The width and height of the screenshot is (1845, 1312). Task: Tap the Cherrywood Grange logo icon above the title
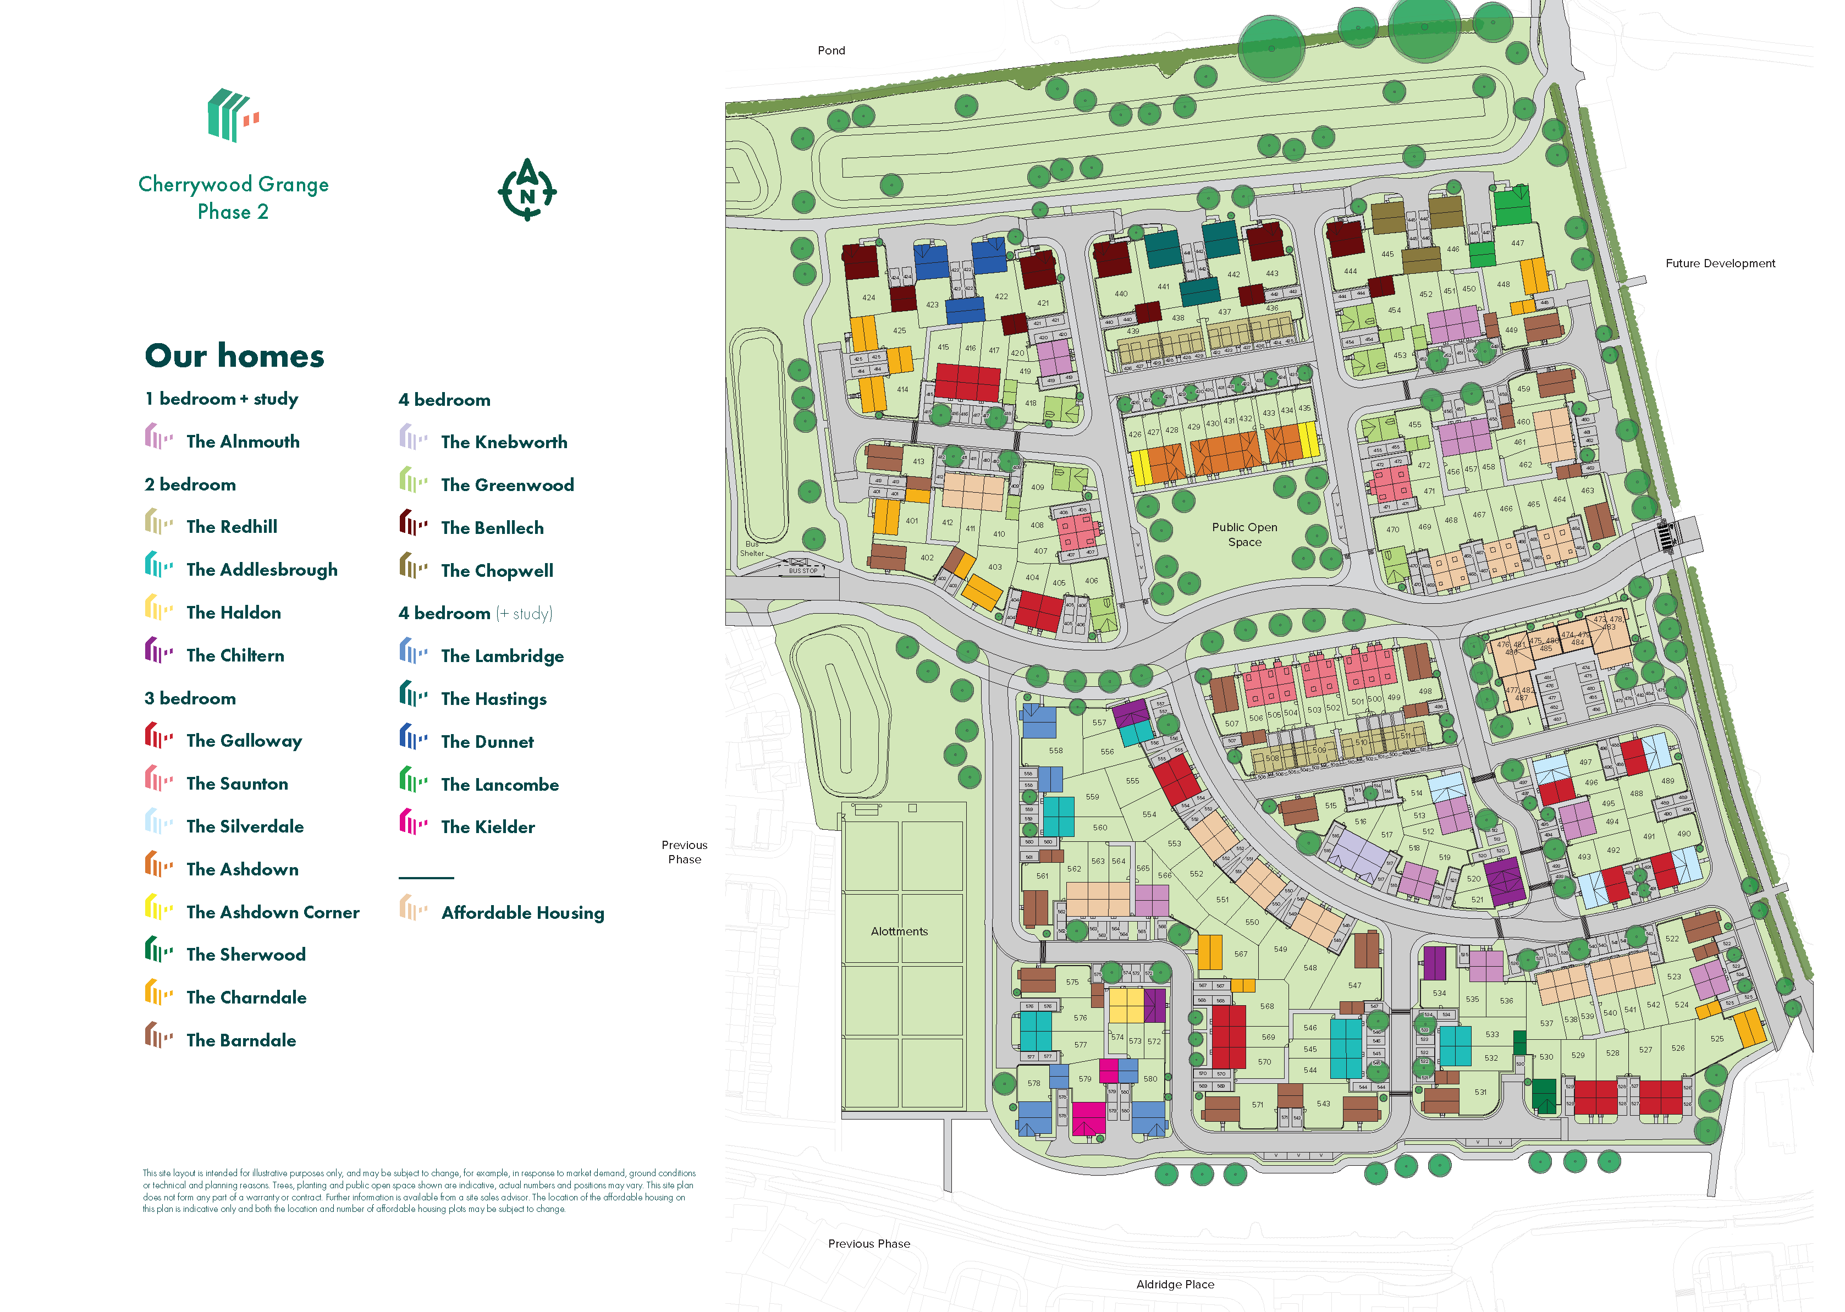tap(233, 115)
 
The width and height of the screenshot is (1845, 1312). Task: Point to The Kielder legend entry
tap(487, 827)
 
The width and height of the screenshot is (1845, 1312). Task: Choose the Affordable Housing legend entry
tap(522, 913)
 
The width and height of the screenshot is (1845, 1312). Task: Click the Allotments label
tap(899, 931)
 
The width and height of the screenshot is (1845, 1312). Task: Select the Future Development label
tap(1720, 263)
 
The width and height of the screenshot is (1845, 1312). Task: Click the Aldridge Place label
tap(1175, 1285)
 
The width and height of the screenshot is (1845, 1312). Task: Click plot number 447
tap(1517, 243)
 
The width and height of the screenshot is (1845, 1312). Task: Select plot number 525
tap(1716, 1039)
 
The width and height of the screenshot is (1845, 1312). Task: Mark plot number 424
tap(868, 297)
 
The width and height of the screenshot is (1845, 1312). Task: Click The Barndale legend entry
tap(241, 1040)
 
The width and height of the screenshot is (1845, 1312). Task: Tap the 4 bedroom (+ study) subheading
tap(475, 613)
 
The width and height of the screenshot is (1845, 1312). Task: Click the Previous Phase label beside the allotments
tap(684, 852)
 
